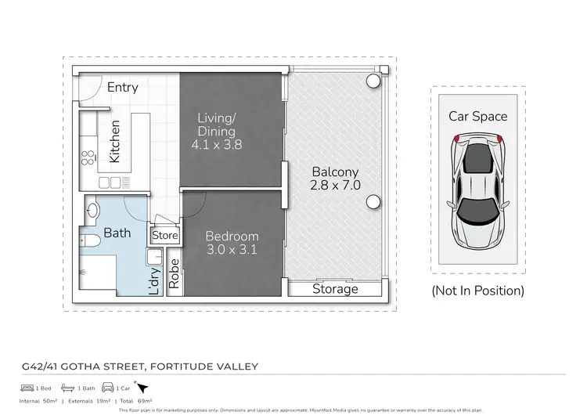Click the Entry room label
(x=122, y=87)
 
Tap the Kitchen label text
(x=115, y=141)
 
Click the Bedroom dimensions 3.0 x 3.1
(x=231, y=250)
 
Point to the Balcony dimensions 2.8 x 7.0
(x=335, y=186)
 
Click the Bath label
(x=117, y=233)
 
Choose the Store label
(x=164, y=235)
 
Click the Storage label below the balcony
(x=335, y=289)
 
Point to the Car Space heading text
(x=477, y=116)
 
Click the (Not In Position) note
(x=477, y=291)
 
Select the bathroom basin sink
(x=92, y=210)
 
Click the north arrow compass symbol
(x=142, y=386)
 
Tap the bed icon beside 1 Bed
(x=27, y=387)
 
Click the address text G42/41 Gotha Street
(x=139, y=366)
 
